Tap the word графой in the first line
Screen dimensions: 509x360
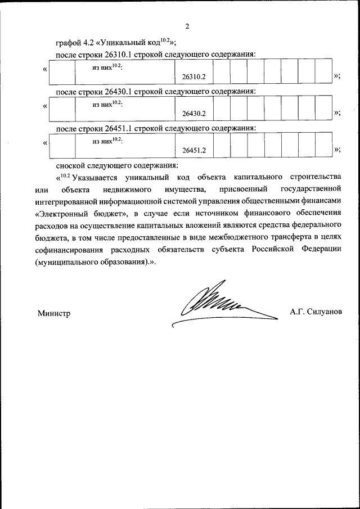69,42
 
